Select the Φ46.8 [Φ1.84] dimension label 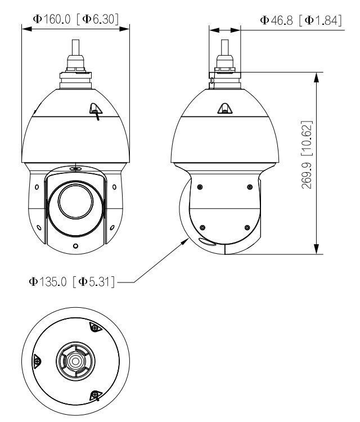click(x=301, y=20)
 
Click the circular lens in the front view click(x=75, y=200)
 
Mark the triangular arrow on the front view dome click(x=96, y=111)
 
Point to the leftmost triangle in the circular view click(x=37, y=360)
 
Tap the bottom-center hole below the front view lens click(x=75, y=246)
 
